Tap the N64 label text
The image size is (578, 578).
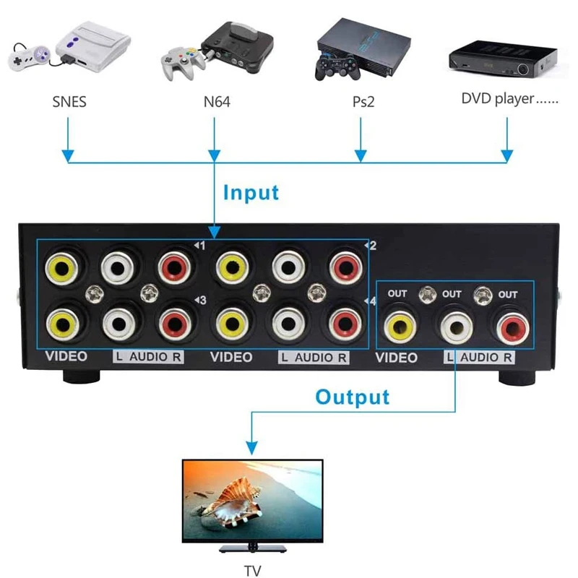click(x=216, y=102)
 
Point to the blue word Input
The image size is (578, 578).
click(x=250, y=193)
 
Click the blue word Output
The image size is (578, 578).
click(x=352, y=397)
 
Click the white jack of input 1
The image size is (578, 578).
click(x=118, y=268)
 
